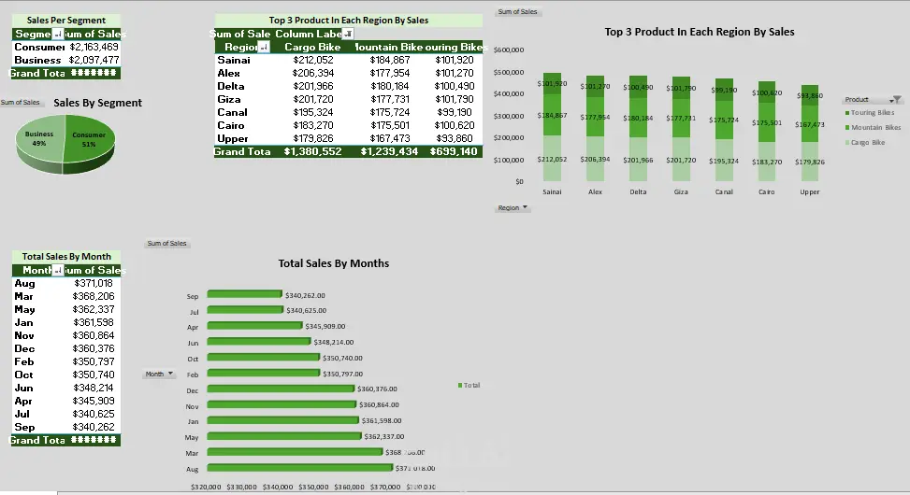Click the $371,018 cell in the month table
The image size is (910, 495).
pyautogui.click(x=93, y=283)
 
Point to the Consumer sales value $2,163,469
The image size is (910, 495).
pyautogui.click(x=94, y=47)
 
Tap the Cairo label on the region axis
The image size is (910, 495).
pyautogui.click(x=766, y=191)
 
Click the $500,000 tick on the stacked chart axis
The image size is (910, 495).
pyautogui.click(x=510, y=72)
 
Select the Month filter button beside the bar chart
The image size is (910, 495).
pyautogui.click(x=159, y=374)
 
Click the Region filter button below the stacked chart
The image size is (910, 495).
pyautogui.click(x=513, y=208)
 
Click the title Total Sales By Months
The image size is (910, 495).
pyautogui.click(x=333, y=263)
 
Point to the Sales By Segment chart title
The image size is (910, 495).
pyautogui.click(x=98, y=103)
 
